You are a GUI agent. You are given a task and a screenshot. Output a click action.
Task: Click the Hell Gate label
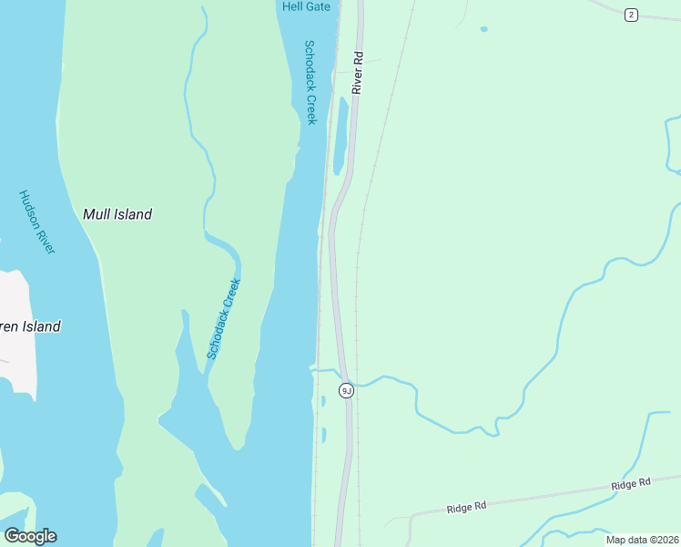(x=306, y=6)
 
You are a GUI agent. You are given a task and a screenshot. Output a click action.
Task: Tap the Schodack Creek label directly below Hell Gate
(x=310, y=82)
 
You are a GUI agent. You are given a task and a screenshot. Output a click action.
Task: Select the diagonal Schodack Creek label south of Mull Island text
(x=223, y=318)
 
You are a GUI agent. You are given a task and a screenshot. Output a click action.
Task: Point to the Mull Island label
(x=117, y=214)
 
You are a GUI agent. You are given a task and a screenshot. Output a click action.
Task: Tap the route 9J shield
(x=346, y=390)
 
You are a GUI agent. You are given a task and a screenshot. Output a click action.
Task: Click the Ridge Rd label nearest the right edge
(x=631, y=484)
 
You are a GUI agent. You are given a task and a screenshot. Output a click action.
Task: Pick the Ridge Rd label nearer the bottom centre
(x=467, y=506)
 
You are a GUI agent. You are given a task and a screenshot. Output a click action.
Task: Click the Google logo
(x=30, y=536)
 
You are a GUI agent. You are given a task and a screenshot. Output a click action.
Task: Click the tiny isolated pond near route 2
(x=483, y=29)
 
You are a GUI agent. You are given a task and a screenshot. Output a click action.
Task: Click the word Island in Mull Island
(x=132, y=214)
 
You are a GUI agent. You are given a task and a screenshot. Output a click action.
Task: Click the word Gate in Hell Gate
(x=318, y=6)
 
